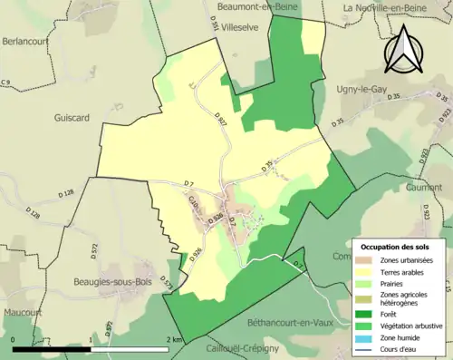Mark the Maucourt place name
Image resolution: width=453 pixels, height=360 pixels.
click(x=22, y=312)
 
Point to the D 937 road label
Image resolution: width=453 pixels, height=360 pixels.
click(x=222, y=117)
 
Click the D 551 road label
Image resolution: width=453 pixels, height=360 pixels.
click(x=215, y=26)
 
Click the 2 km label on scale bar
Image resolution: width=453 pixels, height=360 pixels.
click(x=174, y=339)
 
